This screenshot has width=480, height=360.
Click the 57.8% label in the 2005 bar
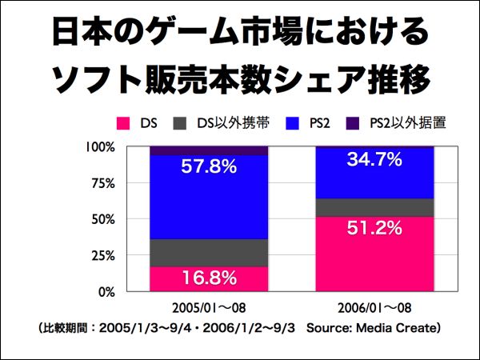tap(208, 167)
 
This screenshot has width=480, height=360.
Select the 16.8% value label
tap(208, 278)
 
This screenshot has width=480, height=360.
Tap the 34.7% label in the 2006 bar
tap(374, 159)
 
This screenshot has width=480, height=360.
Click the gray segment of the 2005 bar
tap(208, 253)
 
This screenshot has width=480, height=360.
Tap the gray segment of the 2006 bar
tap(374, 207)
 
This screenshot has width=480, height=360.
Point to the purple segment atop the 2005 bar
tap(208, 150)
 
